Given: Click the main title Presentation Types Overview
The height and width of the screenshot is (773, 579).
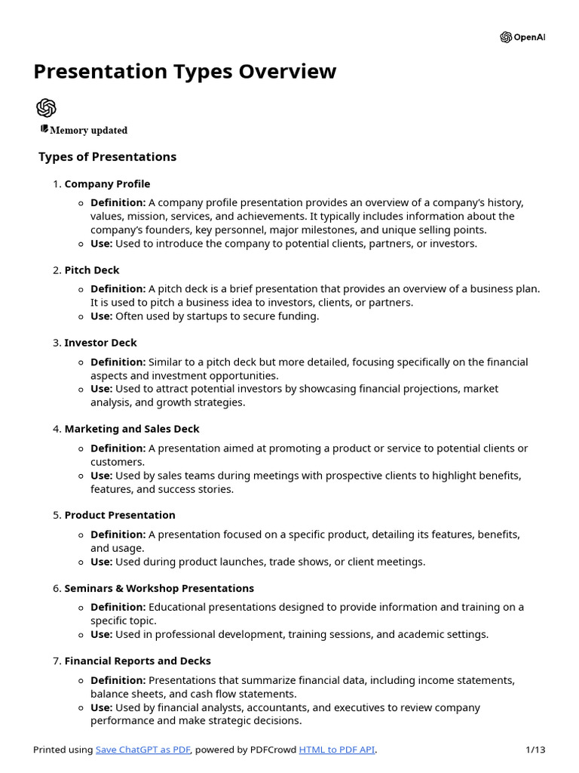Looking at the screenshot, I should pyautogui.click(x=185, y=72).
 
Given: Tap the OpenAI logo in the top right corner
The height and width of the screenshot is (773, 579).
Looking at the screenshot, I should pyautogui.click(x=522, y=37).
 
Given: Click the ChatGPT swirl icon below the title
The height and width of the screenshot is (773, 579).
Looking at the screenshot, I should pyautogui.click(x=46, y=107).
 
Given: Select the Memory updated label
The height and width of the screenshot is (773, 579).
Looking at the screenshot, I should pyautogui.click(x=88, y=131).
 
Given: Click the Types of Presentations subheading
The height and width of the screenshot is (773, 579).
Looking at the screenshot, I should pyautogui.click(x=107, y=157).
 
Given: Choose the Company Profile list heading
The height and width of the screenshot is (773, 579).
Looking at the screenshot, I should pyautogui.click(x=107, y=184).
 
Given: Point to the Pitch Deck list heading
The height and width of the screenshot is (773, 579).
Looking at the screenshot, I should pyautogui.click(x=92, y=270).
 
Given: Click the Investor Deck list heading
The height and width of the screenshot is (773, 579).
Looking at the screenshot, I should pyautogui.click(x=100, y=343).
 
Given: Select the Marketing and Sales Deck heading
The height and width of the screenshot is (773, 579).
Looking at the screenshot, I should pyautogui.click(x=132, y=429).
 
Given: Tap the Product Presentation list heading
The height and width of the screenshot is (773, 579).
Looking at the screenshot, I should pyautogui.click(x=120, y=515).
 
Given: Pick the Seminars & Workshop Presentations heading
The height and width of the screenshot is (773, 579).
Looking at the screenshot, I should pyautogui.click(x=159, y=588).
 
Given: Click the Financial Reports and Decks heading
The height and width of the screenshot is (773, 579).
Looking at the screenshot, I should pyautogui.click(x=138, y=661).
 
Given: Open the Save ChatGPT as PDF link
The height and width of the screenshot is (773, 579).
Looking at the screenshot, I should pyautogui.click(x=143, y=750).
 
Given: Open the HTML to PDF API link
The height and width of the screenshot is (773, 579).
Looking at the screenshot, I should pyautogui.click(x=337, y=750).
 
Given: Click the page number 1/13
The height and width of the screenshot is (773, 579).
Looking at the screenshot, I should pyautogui.click(x=535, y=750).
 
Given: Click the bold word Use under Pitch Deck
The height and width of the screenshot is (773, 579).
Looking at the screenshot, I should pyautogui.click(x=101, y=316).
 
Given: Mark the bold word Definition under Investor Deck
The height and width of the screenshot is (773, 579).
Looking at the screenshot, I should pyautogui.click(x=118, y=362).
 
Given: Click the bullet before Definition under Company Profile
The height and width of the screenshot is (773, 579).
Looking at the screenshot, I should pyautogui.click(x=81, y=203).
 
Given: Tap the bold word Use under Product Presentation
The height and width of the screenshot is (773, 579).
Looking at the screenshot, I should pyautogui.click(x=101, y=562).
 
